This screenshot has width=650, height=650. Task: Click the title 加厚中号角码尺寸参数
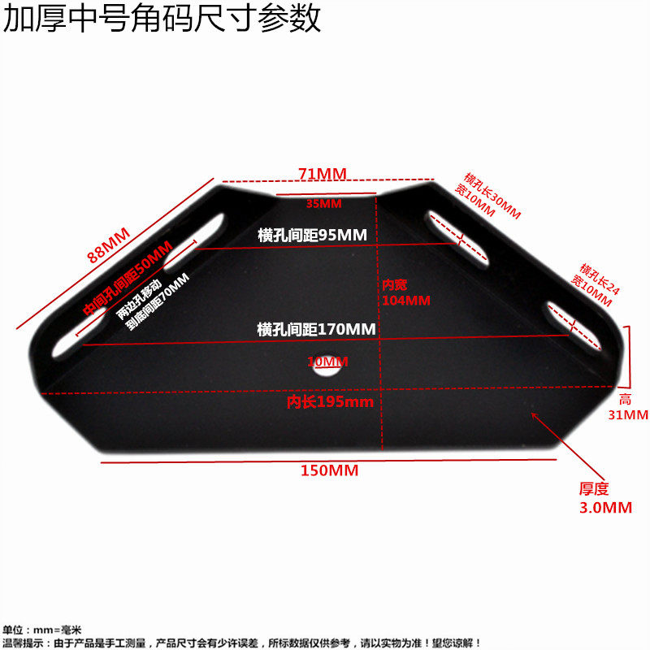point(162,18)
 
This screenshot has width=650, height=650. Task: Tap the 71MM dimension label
point(322,173)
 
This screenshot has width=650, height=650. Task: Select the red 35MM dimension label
point(324,203)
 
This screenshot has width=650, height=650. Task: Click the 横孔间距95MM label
point(312,235)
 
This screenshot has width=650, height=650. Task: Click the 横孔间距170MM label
point(316,330)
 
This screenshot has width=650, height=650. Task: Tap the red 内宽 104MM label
point(405,292)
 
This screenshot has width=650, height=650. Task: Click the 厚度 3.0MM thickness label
point(604,498)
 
